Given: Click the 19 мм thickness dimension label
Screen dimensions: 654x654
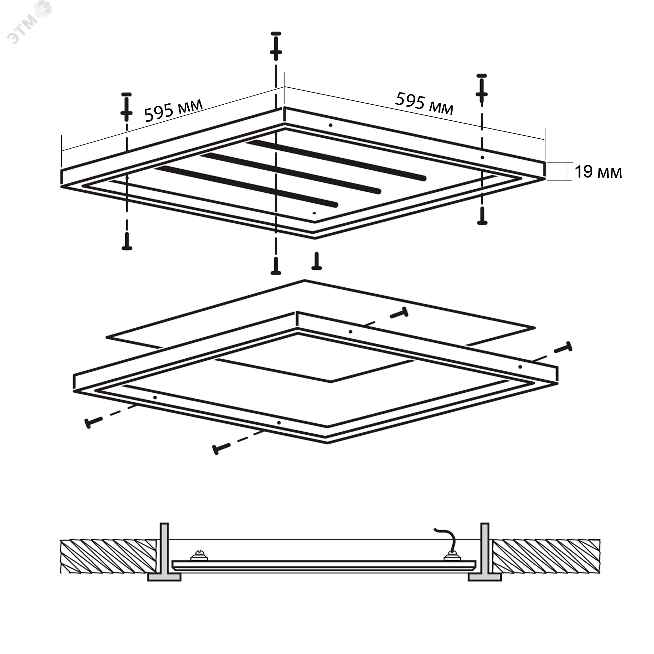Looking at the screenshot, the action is (x=598, y=172).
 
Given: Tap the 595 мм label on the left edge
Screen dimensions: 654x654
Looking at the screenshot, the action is (x=174, y=110).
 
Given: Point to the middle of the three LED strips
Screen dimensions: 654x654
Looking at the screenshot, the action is (x=291, y=173).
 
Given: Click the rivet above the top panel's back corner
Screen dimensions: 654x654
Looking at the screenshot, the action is (x=276, y=46).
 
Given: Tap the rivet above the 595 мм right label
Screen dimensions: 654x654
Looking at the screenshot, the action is (x=481, y=88).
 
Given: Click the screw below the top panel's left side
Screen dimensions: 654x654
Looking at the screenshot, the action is (x=127, y=241).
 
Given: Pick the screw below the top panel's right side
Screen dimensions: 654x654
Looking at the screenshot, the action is (x=482, y=215).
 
